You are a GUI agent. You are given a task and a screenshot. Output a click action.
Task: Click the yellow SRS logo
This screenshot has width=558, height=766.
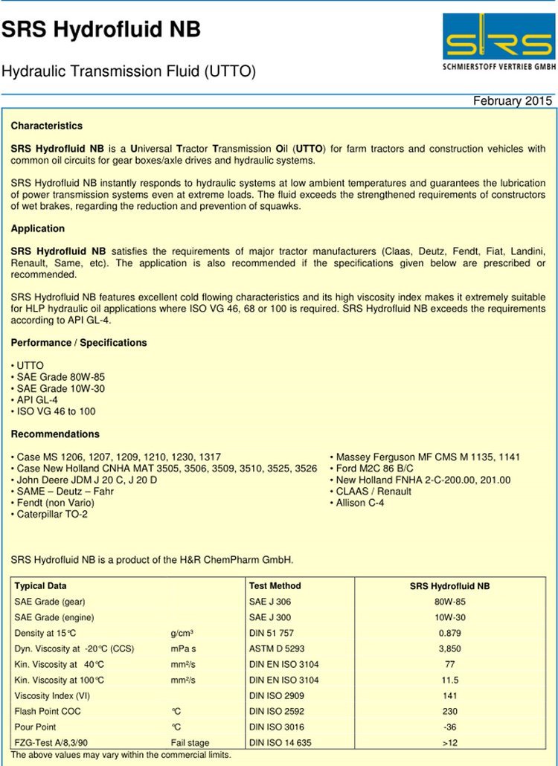click(498, 37)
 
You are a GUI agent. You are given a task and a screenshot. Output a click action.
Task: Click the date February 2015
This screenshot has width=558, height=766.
click(513, 101)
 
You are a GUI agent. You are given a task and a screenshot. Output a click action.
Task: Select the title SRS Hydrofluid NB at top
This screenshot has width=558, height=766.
click(101, 30)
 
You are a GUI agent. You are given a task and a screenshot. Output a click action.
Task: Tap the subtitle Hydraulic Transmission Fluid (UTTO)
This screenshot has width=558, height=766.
click(129, 72)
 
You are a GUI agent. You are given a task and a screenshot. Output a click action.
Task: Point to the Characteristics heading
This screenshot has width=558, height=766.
click(47, 126)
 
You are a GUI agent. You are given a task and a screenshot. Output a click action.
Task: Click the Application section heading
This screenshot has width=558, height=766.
click(38, 228)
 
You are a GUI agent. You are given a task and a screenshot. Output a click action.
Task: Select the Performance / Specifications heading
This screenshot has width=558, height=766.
click(79, 343)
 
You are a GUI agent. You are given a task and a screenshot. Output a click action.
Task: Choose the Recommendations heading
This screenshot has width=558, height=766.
click(55, 434)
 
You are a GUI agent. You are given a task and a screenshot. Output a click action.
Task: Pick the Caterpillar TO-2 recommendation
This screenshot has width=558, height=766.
click(52, 514)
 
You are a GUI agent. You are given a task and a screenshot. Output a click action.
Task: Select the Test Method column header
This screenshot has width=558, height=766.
click(275, 586)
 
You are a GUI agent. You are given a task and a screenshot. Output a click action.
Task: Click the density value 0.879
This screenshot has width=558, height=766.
click(450, 633)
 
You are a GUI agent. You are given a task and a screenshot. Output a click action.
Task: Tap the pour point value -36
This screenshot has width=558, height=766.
click(450, 727)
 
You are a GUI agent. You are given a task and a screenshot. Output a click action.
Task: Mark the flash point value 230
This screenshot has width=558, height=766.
click(450, 711)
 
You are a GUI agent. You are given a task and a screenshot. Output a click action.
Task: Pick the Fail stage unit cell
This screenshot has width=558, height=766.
click(190, 742)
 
